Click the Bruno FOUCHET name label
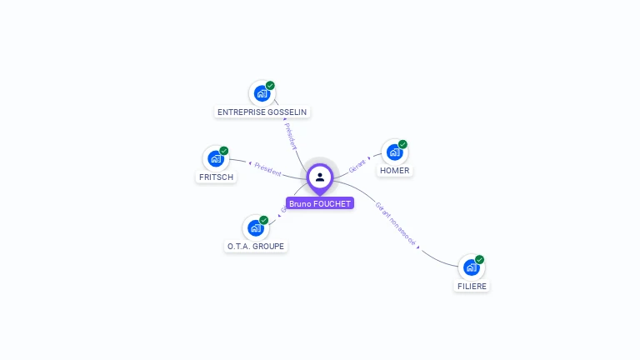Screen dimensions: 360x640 point(320,203)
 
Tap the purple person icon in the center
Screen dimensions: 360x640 point(320,177)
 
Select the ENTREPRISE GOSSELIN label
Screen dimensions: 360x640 point(263,112)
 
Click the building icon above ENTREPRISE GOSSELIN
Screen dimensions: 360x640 point(262,93)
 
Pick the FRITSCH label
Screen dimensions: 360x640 point(217,177)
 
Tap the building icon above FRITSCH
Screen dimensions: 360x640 point(216,158)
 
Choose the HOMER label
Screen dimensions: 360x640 point(394,171)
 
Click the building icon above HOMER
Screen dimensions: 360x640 point(394,152)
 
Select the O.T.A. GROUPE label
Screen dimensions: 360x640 point(257,247)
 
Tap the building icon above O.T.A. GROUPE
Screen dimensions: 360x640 point(256,228)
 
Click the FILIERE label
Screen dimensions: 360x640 point(472,286)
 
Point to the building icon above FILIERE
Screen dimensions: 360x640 point(471,267)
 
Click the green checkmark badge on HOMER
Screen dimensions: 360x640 point(402,144)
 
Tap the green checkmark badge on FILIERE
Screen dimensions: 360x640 point(479,259)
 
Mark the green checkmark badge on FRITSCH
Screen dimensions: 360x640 point(224,151)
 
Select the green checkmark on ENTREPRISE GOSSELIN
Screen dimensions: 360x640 point(270,86)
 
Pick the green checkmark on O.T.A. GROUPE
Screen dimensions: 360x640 point(264,220)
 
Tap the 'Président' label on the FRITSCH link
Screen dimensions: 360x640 point(268,169)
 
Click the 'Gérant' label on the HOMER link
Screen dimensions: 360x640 point(358,164)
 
